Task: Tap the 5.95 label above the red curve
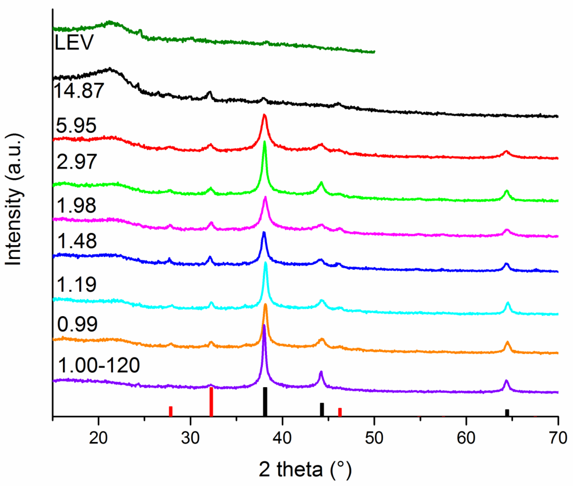(76, 125)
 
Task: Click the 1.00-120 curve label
(99, 365)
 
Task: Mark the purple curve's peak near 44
(321, 372)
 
